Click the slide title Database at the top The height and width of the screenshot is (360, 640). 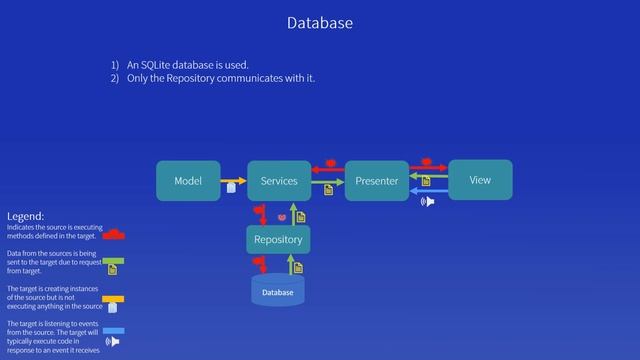coord(319,22)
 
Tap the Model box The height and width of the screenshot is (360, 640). coord(188,181)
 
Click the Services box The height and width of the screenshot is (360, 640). coord(279,181)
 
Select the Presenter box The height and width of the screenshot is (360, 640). coord(377,181)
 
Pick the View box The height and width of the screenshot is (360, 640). coord(480,180)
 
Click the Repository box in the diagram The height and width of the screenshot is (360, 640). coord(278,240)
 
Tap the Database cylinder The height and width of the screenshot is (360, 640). coord(277,291)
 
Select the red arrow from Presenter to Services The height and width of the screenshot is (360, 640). coord(328,170)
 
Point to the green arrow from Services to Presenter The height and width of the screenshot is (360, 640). coord(328,182)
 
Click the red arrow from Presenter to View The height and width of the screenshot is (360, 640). coord(428,167)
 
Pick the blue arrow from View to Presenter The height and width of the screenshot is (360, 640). coord(428,190)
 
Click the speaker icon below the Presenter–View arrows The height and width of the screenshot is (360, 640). coord(428,202)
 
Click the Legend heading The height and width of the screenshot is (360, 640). coord(25,216)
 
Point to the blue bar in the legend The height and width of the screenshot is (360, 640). coord(113,330)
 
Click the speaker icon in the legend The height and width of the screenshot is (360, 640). coord(112,342)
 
